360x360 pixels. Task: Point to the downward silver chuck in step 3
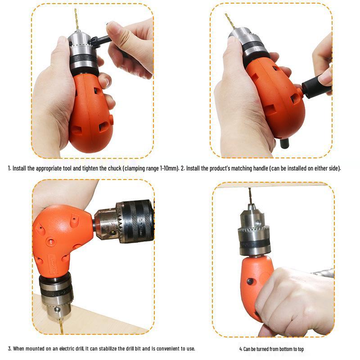[x=56, y=295]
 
